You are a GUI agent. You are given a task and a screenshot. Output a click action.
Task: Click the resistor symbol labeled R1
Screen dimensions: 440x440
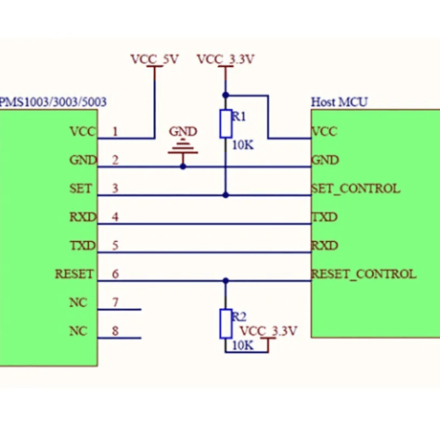click(x=226, y=123)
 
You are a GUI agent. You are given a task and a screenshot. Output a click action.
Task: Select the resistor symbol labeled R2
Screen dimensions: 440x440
click(x=226, y=323)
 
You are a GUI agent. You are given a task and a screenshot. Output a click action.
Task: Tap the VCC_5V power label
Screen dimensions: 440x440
click(x=154, y=59)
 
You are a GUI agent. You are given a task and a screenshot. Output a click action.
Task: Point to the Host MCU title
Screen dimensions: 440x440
click(x=340, y=102)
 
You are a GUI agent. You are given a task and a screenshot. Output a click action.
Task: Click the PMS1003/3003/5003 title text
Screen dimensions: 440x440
click(x=54, y=102)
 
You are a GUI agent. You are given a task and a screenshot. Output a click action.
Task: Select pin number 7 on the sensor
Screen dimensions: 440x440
click(x=115, y=302)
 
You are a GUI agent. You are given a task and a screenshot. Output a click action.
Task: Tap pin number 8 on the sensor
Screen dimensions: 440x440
click(x=115, y=331)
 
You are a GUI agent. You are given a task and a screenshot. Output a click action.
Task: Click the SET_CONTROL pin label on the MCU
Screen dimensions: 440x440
click(x=356, y=188)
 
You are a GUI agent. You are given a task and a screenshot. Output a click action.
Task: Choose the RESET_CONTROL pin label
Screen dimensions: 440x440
click(x=363, y=275)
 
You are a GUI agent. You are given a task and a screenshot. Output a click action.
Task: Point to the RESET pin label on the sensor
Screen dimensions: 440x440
click(x=75, y=274)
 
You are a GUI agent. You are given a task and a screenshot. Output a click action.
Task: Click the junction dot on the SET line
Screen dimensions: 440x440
click(x=226, y=195)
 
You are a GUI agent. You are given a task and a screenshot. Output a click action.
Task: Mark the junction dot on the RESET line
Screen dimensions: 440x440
click(x=226, y=281)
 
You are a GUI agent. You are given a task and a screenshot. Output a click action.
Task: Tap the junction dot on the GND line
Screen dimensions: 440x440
click(x=183, y=166)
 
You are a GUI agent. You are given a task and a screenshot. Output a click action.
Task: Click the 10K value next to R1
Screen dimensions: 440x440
click(x=243, y=145)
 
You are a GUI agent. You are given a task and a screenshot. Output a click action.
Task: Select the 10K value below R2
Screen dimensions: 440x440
click(x=243, y=345)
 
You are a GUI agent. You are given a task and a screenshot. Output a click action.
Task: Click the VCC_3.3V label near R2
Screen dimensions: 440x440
click(x=268, y=331)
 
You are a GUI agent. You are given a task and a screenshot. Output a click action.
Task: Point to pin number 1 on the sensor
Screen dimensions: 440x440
click(x=115, y=131)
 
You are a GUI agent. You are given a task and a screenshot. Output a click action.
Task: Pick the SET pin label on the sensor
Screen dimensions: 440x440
click(x=80, y=188)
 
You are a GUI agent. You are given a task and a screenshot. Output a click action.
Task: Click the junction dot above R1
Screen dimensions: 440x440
click(x=226, y=95)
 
